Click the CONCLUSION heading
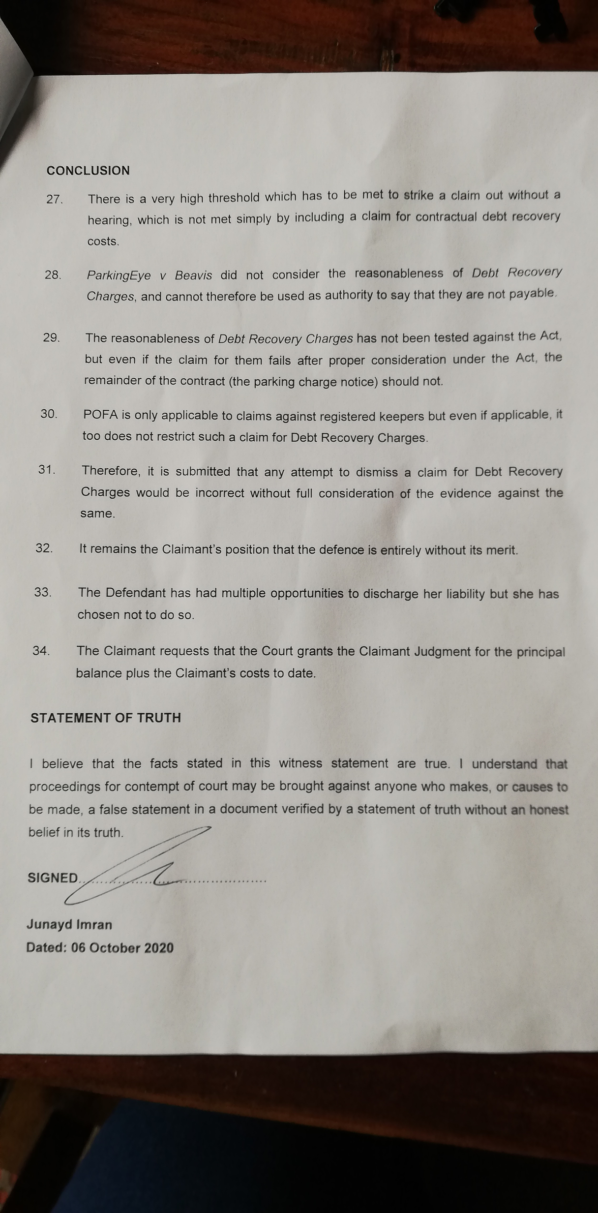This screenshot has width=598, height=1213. tap(88, 171)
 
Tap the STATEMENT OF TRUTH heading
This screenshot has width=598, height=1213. tap(106, 718)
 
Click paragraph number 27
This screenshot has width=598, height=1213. tap(54, 199)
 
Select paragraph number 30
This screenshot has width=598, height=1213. tap(49, 414)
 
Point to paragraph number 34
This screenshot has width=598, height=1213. tap(41, 650)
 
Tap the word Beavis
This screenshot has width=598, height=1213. tap(193, 275)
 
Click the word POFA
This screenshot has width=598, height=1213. tap(100, 415)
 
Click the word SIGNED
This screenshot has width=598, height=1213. tap(53, 878)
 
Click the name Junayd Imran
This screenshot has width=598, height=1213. tap(69, 924)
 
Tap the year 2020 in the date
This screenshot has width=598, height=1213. tap(158, 948)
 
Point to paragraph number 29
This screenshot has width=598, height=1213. tap(51, 337)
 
